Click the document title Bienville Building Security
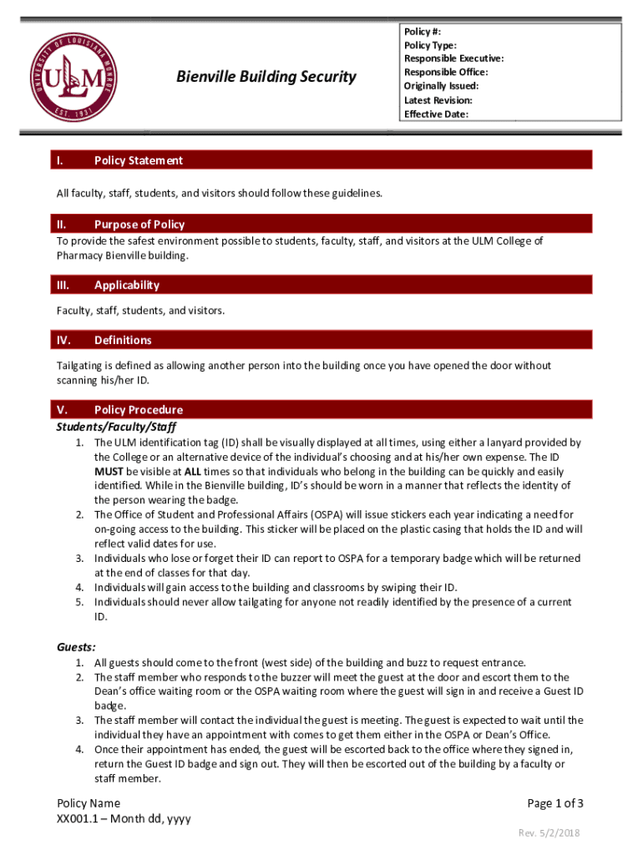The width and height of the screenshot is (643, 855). coord(266,77)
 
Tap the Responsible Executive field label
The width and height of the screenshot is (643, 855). coord(453,58)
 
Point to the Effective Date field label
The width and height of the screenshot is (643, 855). coord(436,114)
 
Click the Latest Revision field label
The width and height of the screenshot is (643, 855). coord(438,100)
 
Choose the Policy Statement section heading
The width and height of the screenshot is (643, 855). coord(139,160)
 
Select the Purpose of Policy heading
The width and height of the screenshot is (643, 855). coord(139,224)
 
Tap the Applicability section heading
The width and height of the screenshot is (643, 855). coord(126,285)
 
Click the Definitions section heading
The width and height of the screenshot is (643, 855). coord(123,340)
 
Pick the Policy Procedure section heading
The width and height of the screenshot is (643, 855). coord(139,409)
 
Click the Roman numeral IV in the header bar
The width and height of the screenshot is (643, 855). coord(63,340)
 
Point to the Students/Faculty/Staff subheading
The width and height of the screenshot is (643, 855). coord(116,426)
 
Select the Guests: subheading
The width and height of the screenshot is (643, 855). coord(76,646)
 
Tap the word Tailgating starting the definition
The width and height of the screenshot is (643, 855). coord(82,366)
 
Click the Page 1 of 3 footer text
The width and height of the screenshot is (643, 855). coord(555,803)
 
